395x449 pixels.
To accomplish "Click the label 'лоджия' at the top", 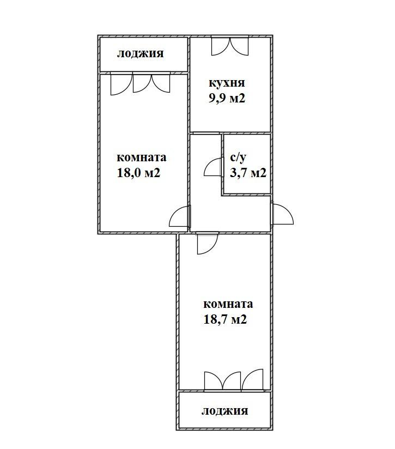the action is click(x=140, y=54).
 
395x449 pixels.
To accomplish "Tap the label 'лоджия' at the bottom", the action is click(x=224, y=411).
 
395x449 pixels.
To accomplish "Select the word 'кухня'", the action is click(x=227, y=83).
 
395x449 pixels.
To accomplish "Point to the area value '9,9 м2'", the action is click(x=227, y=98).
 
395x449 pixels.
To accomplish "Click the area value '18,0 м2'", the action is click(x=138, y=173).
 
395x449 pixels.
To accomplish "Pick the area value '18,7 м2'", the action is click(x=225, y=319).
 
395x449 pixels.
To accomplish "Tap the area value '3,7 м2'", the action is click(x=248, y=173).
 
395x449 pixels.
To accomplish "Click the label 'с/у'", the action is click(x=238, y=157).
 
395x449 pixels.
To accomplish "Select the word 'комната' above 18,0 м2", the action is click(x=142, y=158).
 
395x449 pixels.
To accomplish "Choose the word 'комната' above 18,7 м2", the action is click(x=228, y=304).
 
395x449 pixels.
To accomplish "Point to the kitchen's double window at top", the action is click(x=230, y=46).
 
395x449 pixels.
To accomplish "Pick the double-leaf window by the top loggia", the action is click(x=151, y=83).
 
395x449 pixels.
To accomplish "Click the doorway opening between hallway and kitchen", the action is click(x=206, y=133).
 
